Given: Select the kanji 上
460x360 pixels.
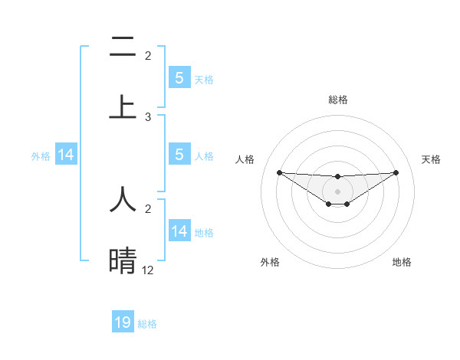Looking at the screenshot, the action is (x=123, y=106).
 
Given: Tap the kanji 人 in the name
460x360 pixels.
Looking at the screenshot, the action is (x=123, y=198).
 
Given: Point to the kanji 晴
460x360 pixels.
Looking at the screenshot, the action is (x=123, y=260).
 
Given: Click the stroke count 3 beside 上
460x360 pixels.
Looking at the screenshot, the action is (x=148, y=117).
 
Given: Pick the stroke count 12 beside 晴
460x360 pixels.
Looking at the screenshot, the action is (x=148, y=270).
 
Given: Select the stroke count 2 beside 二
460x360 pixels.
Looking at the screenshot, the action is (x=148, y=56).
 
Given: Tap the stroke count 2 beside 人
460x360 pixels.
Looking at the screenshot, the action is (x=148, y=208).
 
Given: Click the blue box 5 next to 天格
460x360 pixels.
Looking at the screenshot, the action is (x=179, y=77).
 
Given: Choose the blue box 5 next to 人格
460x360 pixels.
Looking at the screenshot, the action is (x=179, y=155).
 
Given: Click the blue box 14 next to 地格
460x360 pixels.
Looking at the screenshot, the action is (x=179, y=231).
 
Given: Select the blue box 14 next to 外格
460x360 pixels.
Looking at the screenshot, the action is (x=66, y=155).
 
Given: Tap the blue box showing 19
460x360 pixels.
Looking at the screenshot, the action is (x=123, y=322).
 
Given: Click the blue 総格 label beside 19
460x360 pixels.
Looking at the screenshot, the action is (x=147, y=324).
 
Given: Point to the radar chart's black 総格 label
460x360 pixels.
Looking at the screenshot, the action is (x=337, y=100).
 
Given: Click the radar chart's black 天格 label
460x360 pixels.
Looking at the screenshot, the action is (x=431, y=159).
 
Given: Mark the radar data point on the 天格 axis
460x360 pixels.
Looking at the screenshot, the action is (x=396, y=172).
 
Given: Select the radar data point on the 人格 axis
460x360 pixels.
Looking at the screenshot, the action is (x=279, y=172).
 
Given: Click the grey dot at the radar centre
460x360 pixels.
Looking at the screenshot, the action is (x=337, y=191).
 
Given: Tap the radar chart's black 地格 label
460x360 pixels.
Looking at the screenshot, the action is (x=402, y=262).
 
